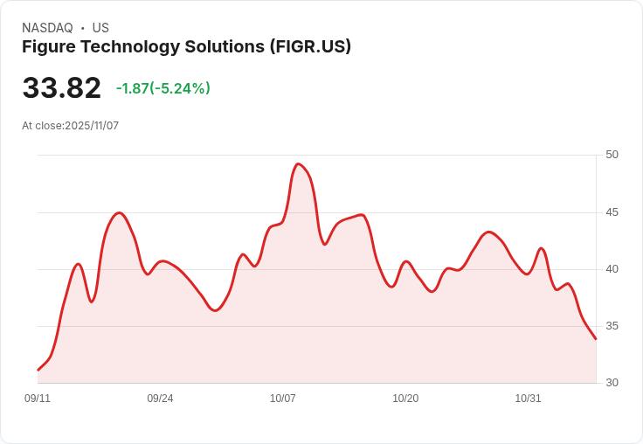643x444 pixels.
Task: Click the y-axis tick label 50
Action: coord(612,155)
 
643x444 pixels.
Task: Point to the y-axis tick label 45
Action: coord(612,212)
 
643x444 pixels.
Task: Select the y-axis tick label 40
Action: coord(612,269)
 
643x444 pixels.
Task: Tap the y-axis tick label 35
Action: coord(612,326)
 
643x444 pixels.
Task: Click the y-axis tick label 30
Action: coord(612,383)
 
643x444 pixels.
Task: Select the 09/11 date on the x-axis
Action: coord(38,399)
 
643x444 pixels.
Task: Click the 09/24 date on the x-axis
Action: coord(160,399)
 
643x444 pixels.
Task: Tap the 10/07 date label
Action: coord(283,399)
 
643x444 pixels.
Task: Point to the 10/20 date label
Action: coord(405,399)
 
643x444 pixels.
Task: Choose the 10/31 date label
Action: coord(528,399)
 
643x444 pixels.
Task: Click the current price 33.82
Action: coord(61,88)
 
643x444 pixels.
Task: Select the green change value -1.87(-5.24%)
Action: coord(163,88)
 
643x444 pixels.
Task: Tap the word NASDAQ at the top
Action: coord(47,28)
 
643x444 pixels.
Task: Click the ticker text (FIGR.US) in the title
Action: coord(310,46)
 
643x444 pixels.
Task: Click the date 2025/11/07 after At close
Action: coord(92,126)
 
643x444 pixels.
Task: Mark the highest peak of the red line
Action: coord(299,163)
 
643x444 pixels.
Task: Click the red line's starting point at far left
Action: coord(38,371)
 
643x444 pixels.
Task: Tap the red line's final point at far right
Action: coord(596,339)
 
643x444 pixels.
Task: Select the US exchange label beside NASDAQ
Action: coord(100,28)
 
